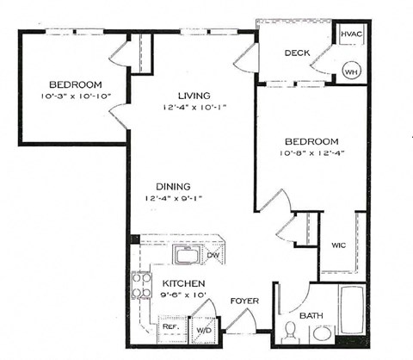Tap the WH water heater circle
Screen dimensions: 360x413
pos(351,71)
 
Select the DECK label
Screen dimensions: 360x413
pos(298,53)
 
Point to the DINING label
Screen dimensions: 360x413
pos(173,187)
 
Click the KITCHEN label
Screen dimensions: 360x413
pos(183,283)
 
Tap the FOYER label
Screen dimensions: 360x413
pos(244,301)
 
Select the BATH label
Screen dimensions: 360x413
pos(311,317)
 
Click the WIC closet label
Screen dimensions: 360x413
pos(338,245)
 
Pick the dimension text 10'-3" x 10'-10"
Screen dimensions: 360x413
pos(76,96)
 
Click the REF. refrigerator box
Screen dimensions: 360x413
pos(171,327)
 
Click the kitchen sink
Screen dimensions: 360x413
pos(187,255)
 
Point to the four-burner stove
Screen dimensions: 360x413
pos(141,285)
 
